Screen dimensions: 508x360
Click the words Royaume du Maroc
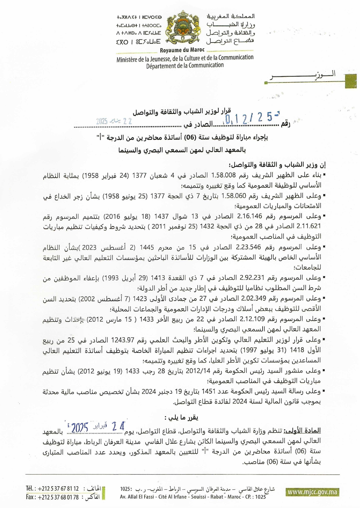182,50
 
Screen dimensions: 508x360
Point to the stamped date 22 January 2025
114,121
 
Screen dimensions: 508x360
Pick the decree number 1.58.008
223,175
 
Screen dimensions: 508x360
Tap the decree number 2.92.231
252,278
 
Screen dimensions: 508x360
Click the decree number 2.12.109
252,319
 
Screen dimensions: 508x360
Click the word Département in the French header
161,66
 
